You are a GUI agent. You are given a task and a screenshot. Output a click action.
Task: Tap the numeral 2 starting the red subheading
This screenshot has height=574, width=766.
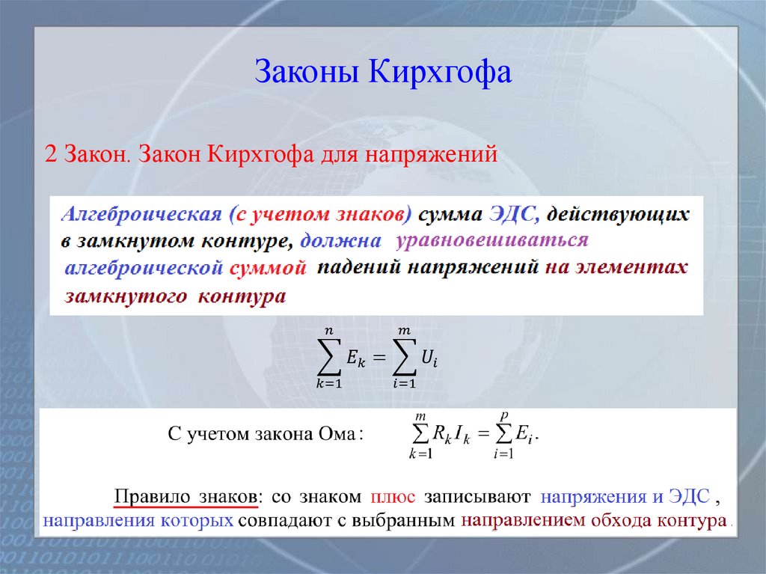(x=51, y=155)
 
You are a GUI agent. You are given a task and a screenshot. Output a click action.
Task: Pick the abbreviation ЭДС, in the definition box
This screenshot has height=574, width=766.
(x=514, y=215)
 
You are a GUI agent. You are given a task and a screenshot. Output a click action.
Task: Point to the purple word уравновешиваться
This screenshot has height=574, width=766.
(x=492, y=240)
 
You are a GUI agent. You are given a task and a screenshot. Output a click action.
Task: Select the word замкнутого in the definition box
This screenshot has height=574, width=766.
(x=126, y=296)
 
